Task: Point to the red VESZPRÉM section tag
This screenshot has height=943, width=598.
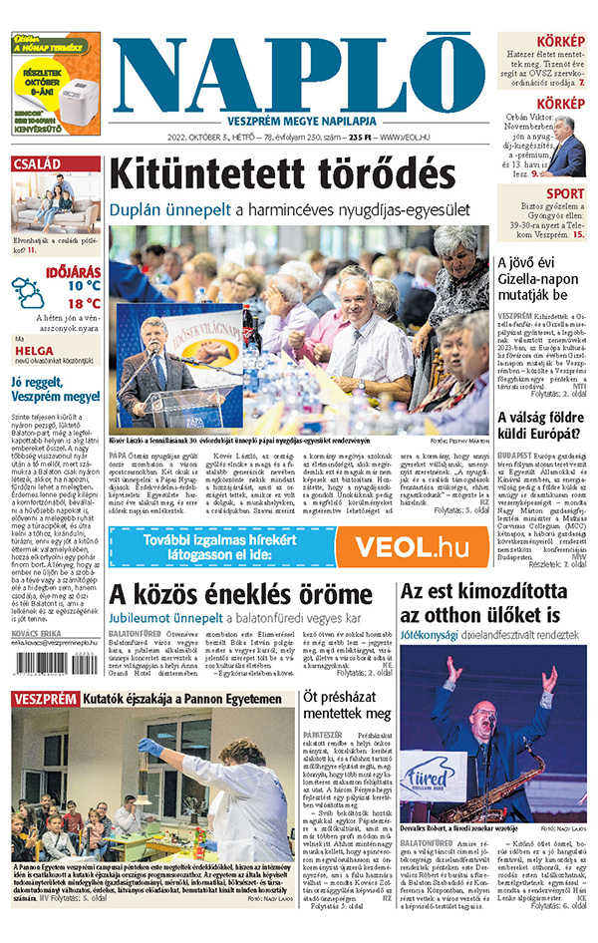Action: pos(44,700)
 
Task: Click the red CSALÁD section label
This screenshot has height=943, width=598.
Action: pos(39,163)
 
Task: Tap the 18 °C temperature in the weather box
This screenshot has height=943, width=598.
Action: pos(83,304)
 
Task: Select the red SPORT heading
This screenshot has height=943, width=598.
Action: pos(565,193)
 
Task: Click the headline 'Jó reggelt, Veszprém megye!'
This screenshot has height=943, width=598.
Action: pos(55,388)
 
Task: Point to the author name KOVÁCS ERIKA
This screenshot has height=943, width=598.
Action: pos(36,634)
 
